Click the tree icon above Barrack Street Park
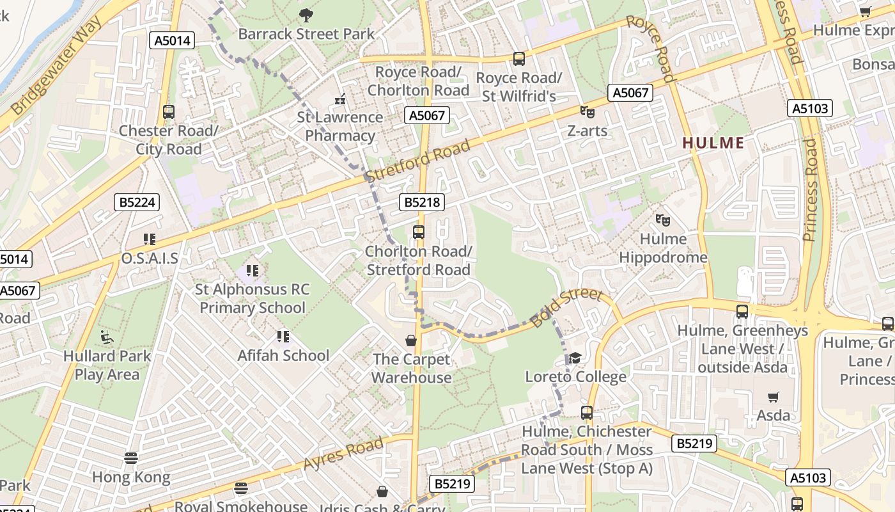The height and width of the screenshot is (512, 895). click(x=306, y=15)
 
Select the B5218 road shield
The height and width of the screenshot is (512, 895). click(x=422, y=203)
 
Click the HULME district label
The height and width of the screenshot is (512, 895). click(x=713, y=143)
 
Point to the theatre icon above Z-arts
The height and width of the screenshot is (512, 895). click(x=588, y=112)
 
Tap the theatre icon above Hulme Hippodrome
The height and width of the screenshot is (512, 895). click(x=663, y=221)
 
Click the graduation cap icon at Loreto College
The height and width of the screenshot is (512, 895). click(x=575, y=358)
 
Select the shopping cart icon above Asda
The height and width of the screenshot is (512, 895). click(x=774, y=397)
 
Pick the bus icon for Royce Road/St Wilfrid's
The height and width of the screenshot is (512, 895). click(x=519, y=59)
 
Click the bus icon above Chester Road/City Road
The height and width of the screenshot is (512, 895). click(x=168, y=112)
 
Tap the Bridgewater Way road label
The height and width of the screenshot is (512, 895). click(x=57, y=67)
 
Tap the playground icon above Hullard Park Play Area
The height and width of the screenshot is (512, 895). click(x=107, y=337)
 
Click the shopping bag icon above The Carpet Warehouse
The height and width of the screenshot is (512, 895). click(x=411, y=340)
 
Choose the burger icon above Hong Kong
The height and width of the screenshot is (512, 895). click(x=131, y=458)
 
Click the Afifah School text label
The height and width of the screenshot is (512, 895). click(x=283, y=355)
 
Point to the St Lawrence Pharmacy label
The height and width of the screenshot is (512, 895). click(x=340, y=127)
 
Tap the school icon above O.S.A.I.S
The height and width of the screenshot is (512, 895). click(x=150, y=240)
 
